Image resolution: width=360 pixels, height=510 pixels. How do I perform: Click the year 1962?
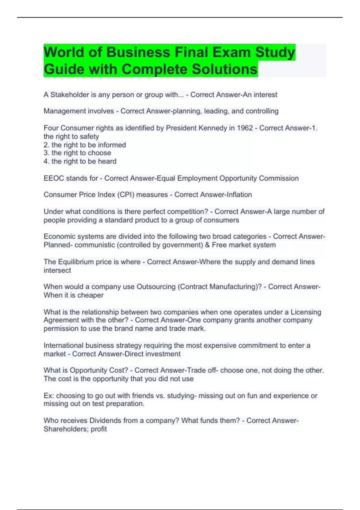coord(245,128)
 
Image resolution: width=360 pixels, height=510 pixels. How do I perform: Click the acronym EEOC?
coord(54,178)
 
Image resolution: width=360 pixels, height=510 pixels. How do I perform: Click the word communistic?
coord(94,245)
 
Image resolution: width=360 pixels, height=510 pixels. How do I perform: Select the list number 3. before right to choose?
coord(46,153)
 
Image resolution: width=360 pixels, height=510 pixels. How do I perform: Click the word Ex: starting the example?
coord(49,396)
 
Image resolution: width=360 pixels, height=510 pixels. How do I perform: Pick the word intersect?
coord(57,270)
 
